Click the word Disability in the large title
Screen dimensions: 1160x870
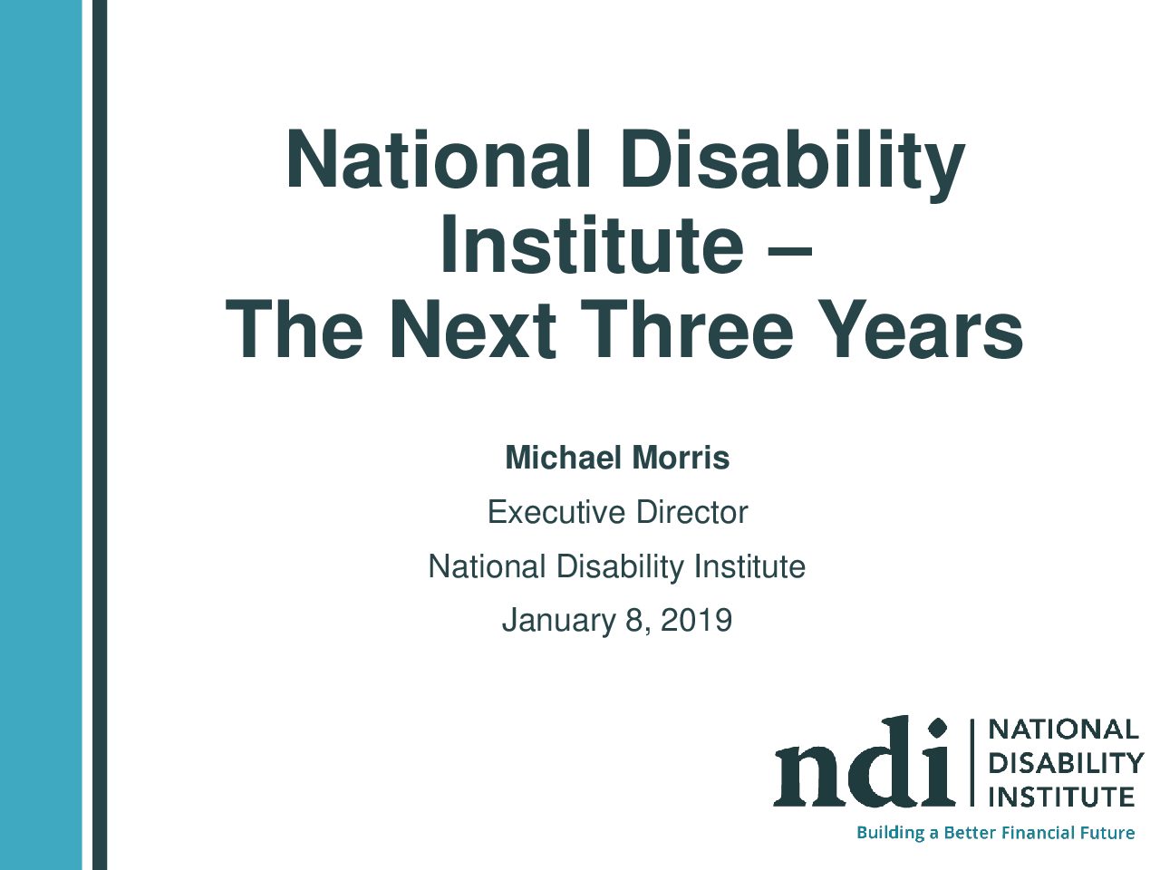(x=792, y=159)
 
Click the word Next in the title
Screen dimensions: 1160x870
(x=472, y=329)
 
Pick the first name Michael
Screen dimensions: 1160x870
(x=563, y=458)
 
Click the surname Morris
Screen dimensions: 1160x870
(x=681, y=458)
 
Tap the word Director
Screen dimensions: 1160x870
(x=692, y=512)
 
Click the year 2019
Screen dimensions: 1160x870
(x=697, y=620)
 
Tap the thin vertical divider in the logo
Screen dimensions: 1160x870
(x=971, y=762)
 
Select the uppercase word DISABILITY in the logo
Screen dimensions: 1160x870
(x=1066, y=763)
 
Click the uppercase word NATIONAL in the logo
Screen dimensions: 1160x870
(x=1063, y=730)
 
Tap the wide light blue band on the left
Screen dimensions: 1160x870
(x=41, y=435)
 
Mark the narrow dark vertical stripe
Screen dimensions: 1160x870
(x=100, y=435)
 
